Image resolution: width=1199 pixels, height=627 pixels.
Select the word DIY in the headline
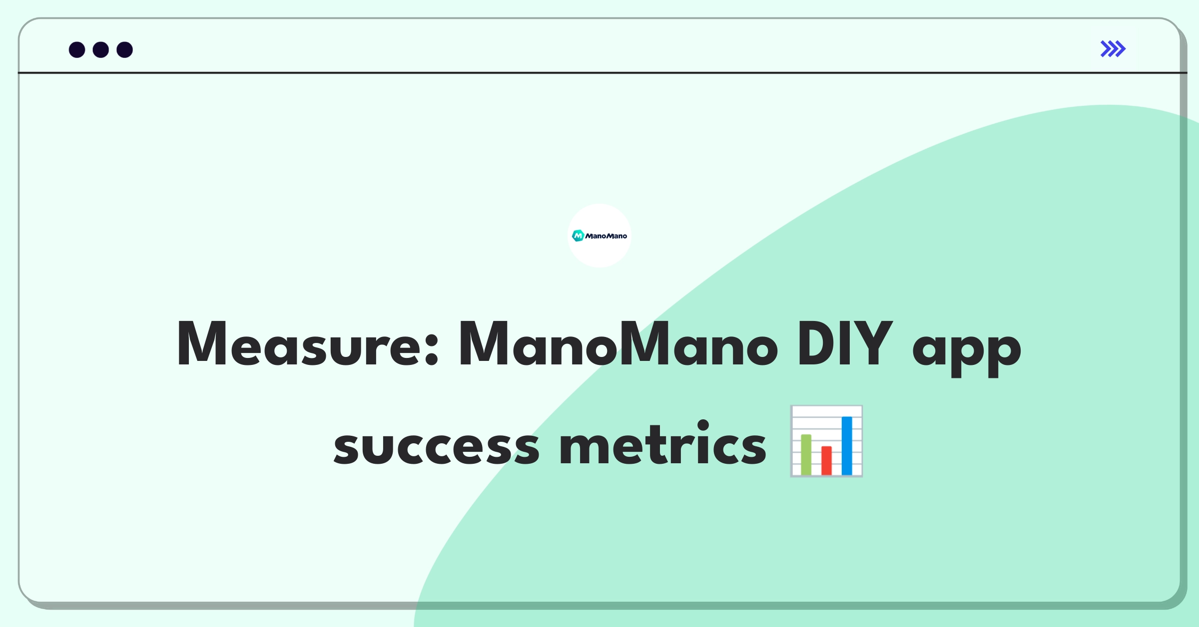(x=845, y=343)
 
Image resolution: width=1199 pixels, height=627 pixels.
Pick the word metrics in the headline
(x=663, y=442)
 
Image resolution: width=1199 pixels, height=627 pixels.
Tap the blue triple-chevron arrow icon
(x=1113, y=49)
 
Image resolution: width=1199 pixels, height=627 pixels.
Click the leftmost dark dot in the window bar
(x=77, y=49)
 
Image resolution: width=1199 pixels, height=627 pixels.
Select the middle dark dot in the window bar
(x=101, y=49)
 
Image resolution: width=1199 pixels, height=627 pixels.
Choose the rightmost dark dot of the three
(x=125, y=49)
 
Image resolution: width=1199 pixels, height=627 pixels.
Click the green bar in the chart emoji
(x=806, y=455)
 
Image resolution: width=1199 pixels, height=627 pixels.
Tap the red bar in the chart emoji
(x=826, y=460)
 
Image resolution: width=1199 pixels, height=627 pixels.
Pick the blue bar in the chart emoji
(x=847, y=446)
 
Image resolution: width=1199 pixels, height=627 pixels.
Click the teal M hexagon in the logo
(x=578, y=236)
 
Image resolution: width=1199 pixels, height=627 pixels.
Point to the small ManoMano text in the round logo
(x=606, y=236)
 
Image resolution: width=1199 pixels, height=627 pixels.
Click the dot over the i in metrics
(x=703, y=425)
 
